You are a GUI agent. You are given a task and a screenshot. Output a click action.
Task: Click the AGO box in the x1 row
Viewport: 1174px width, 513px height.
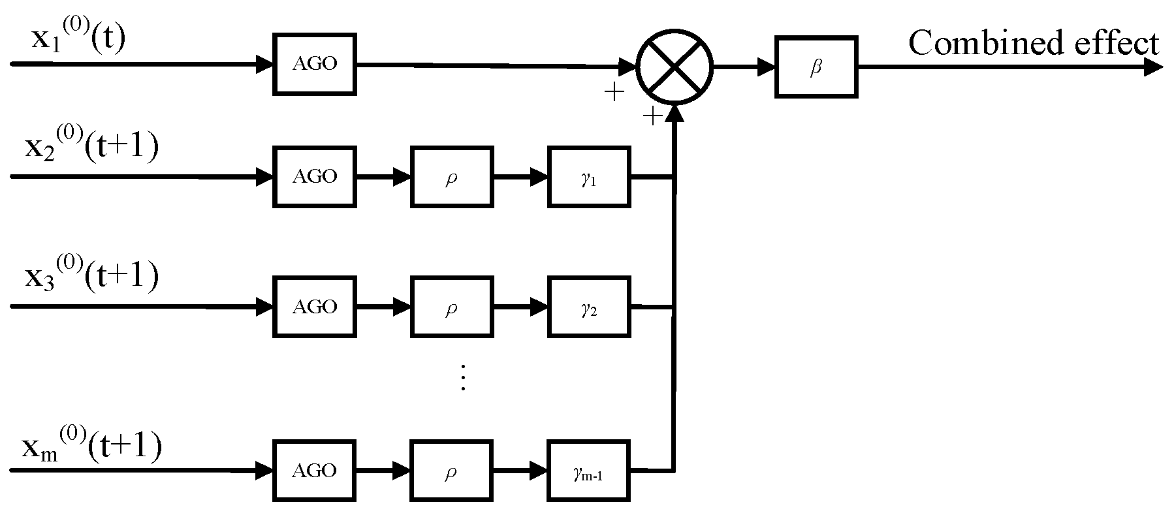(315, 64)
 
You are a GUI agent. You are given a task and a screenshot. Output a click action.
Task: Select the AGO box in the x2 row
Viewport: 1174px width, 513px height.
(315, 176)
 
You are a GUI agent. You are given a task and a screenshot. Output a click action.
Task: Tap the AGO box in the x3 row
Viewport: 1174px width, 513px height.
(315, 307)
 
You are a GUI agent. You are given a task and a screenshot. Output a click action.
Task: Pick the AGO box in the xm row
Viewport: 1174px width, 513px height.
(315, 471)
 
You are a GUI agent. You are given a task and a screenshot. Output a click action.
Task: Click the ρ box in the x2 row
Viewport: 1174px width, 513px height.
(451, 177)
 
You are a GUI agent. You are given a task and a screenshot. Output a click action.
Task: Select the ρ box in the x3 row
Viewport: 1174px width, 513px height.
(451, 307)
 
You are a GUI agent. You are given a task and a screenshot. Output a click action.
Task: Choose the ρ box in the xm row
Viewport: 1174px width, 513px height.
(451, 471)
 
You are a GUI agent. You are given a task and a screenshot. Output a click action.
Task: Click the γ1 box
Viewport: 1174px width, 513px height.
(589, 177)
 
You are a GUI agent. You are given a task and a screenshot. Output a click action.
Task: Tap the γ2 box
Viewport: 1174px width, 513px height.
(589, 307)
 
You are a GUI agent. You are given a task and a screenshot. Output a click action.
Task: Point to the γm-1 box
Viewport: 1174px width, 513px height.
(589, 471)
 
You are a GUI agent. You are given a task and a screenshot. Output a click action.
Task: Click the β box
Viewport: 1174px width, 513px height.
(816, 67)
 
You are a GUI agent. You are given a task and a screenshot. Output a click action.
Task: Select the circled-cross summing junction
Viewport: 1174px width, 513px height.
(675, 67)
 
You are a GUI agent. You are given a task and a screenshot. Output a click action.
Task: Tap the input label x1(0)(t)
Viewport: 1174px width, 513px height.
(78, 38)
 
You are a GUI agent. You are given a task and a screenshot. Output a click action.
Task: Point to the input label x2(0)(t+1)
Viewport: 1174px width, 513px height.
(91, 148)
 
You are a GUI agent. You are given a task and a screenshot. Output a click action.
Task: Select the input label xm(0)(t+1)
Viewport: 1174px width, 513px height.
(91, 447)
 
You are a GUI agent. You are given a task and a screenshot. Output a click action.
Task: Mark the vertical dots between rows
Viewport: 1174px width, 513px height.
(463, 377)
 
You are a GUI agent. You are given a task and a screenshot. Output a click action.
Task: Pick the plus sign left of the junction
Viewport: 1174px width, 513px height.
(614, 93)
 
